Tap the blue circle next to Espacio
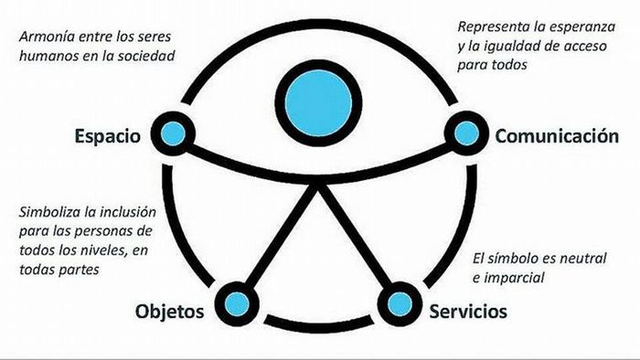coord(172,134)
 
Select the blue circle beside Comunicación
coord(466,134)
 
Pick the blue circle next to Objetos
coord(237,302)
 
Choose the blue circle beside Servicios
coord(397,302)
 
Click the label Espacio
coord(108,137)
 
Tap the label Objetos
coord(170,312)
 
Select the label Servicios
coord(468,312)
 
